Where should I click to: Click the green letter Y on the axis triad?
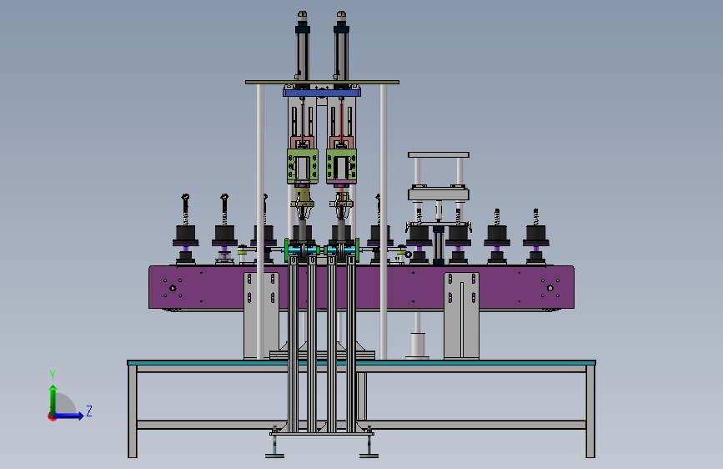(x=53, y=375)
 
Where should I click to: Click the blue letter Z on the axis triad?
(x=89, y=411)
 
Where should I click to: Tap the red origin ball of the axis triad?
(x=52, y=416)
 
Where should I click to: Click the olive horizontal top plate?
(x=322, y=82)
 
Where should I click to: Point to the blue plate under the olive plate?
(x=322, y=93)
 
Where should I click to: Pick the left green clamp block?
(x=303, y=166)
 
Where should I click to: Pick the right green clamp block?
(x=341, y=166)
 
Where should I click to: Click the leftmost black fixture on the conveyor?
(x=185, y=234)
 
